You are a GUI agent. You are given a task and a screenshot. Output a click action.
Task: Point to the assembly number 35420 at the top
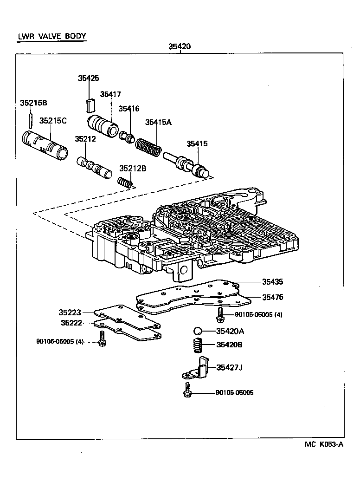180,46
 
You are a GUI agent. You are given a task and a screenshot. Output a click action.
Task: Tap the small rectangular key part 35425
91,105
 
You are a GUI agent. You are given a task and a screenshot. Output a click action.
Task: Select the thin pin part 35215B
30,120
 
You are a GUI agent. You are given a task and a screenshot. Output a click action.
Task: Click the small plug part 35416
127,137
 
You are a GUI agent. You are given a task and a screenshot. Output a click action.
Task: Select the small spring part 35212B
126,182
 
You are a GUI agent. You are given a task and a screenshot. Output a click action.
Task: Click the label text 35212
85,139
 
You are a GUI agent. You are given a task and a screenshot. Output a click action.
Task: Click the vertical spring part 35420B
199,345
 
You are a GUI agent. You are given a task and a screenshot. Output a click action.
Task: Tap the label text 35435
272,281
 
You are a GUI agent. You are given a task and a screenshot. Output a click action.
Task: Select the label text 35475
272,297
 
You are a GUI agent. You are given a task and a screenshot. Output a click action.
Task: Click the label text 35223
70,313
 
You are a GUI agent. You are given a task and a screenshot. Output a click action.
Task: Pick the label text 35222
70,322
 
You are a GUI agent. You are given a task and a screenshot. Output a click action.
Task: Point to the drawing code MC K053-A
324,444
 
